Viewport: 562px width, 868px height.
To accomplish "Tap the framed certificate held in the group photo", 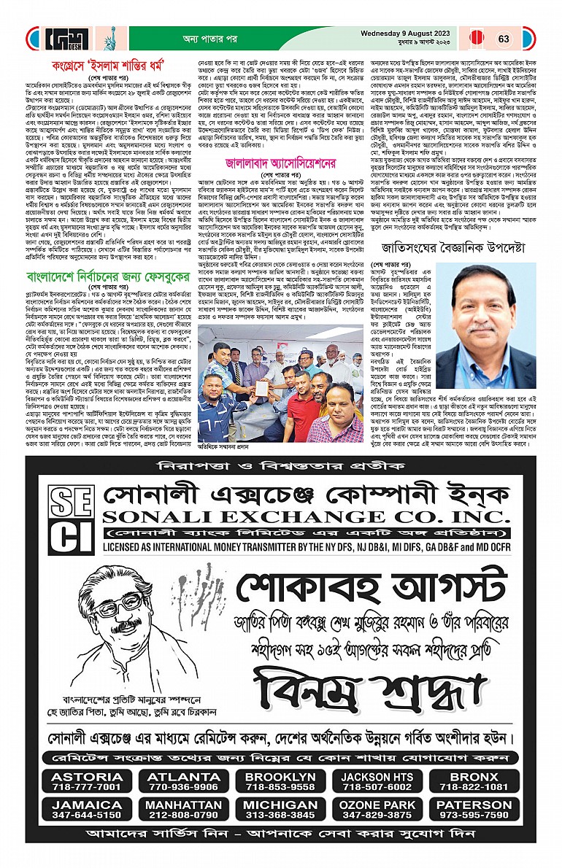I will [261, 387].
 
